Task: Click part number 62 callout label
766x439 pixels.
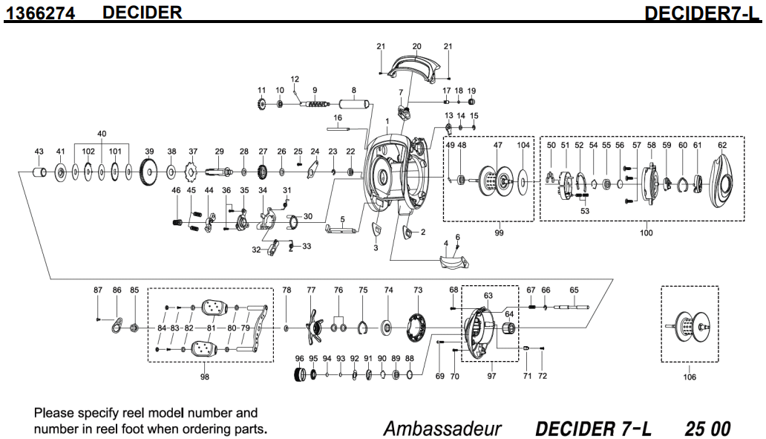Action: click(x=722, y=146)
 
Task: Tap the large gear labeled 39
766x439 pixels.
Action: click(x=149, y=173)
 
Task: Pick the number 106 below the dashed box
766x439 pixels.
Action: click(x=690, y=377)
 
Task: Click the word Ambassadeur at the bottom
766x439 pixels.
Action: click(x=442, y=429)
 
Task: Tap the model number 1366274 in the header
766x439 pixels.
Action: click(x=41, y=13)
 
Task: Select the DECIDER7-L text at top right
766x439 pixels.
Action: click(x=703, y=13)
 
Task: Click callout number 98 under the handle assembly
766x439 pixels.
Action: click(x=204, y=377)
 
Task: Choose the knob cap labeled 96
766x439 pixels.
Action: click(x=301, y=375)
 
